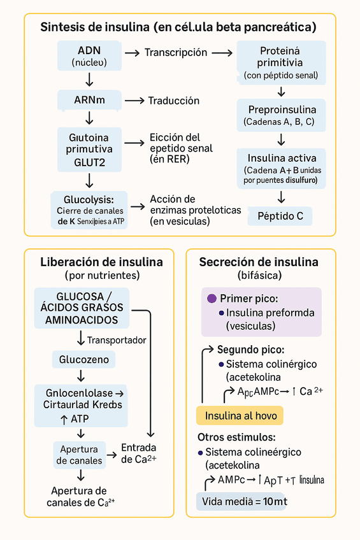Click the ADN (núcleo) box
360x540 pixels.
(x=89, y=56)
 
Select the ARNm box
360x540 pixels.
(x=89, y=100)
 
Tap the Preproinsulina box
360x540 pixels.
(x=281, y=115)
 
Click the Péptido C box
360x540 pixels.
(x=280, y=216)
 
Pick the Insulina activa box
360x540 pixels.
(x=281, y=168)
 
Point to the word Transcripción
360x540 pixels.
(x=176, y=53)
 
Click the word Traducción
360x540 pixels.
(x=174, y=101)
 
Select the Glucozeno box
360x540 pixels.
(x=84, y=360)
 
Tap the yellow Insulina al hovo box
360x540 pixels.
(x=240, y=416)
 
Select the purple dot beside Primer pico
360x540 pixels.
(x=212, y=299)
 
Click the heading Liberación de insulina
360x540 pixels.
(x=101, y=262)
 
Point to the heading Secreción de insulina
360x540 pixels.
(x=259, y=262)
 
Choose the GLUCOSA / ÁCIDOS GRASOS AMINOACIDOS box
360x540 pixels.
(x=83, y=308)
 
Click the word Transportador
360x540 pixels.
(x=117, y=340)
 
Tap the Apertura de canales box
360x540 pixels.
(x=79, y=455)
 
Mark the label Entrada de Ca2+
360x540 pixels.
(x=138, y=453)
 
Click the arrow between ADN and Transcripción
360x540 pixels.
(x=132, y=53)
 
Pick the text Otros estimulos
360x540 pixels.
(x=236, y=437)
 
